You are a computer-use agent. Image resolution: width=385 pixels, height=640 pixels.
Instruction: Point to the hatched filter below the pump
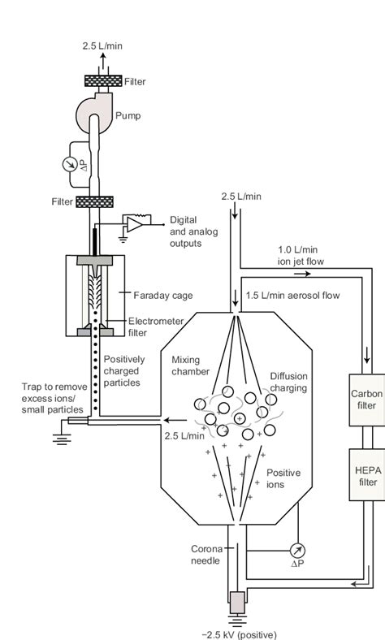pos(93,201)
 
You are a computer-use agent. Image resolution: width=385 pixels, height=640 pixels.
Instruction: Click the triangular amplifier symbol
pos(133,223)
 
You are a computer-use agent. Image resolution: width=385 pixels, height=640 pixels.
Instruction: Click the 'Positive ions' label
pos(283,478)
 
